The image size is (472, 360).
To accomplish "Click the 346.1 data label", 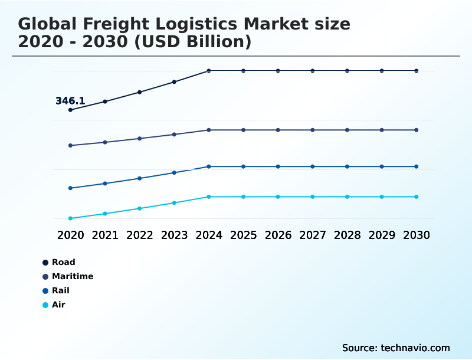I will (70, 101).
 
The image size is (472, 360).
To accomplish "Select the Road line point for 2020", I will (70, 110).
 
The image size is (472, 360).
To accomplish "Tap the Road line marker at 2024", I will (209, 71).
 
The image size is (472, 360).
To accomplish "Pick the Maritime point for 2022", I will (140, 139).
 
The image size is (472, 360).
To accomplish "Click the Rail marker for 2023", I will (174, 173).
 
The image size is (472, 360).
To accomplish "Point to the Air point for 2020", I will (70, 218).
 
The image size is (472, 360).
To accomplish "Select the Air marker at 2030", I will (417, 197).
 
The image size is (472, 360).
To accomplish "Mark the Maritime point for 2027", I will (313, 130).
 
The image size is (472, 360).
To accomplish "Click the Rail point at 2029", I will (382, 166).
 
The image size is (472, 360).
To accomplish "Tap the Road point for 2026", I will (278, 71).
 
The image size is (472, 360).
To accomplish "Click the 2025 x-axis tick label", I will (243, 235).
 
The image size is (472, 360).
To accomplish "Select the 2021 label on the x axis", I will (105, 235).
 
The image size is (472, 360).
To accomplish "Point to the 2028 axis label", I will (347, 235).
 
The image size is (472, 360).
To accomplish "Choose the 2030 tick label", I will (417, 235).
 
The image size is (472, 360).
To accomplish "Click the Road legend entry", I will (63, 262).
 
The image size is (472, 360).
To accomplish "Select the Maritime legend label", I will (73, 276).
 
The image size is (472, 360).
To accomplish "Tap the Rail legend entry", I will (60, 290).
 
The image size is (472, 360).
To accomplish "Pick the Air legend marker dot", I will (45, 305).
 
